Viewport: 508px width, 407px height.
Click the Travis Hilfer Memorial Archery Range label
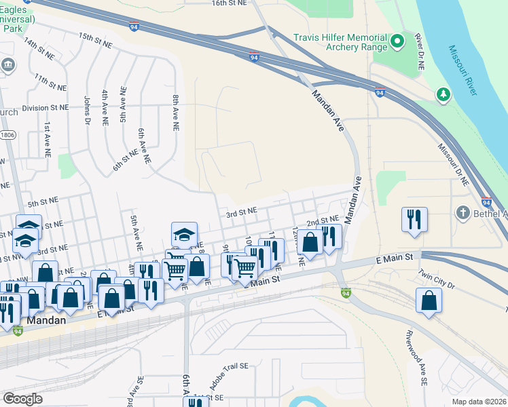coord(340,42)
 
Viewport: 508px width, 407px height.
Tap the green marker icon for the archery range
coord(399,42)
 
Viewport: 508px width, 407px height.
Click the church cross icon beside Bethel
coord(463,213)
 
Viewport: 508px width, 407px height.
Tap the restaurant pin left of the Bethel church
coord(414,220)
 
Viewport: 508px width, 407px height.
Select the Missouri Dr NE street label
coord(452,165)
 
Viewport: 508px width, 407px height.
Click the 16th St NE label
coord(228,3)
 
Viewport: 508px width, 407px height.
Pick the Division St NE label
coord(46,108)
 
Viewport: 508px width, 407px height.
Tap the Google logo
coord(23,398)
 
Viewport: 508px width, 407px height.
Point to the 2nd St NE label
coord(322,222)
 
